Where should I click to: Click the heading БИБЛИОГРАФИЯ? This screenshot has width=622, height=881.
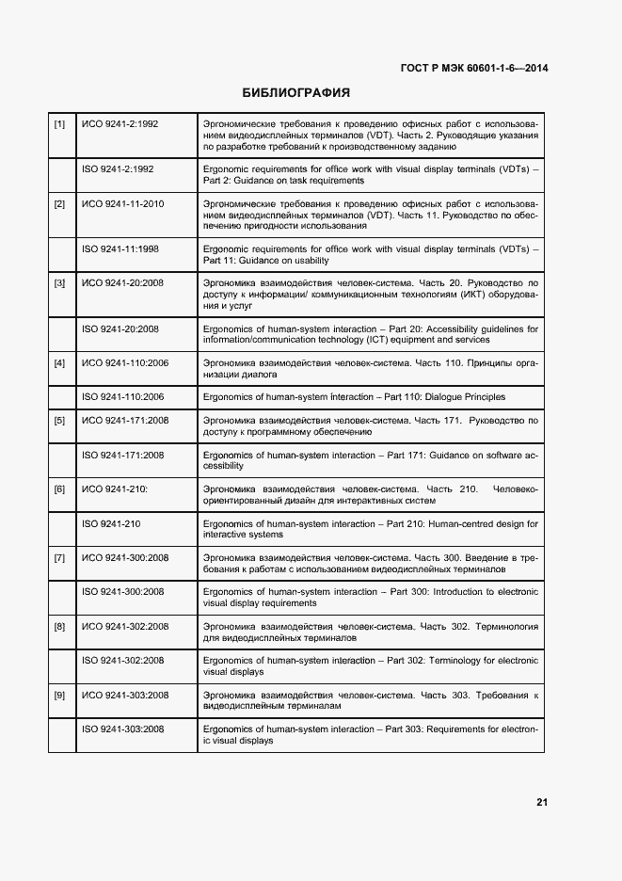(x=296, y=93)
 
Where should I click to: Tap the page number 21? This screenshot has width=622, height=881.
(x=542, y=803)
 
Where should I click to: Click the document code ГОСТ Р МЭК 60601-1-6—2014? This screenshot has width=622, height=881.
(x=475, y=68)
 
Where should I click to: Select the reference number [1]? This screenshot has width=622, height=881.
(x=59, y=123)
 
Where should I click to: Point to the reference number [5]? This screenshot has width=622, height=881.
(x=59, y=420)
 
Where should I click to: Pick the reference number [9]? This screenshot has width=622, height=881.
(x=59, y=695)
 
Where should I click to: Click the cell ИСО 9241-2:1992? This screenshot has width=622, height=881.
(x=120, y=123)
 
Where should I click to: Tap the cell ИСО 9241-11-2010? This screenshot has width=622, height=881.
(x=123, y=203)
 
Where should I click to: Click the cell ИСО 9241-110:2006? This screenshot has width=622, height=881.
(x=125, y=362)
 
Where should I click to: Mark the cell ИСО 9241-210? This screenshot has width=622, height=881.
(x=115, y=489)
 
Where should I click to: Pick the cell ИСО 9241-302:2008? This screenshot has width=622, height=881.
(x=125, y=626)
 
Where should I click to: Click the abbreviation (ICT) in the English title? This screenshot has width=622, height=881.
(x=381, y=341)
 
